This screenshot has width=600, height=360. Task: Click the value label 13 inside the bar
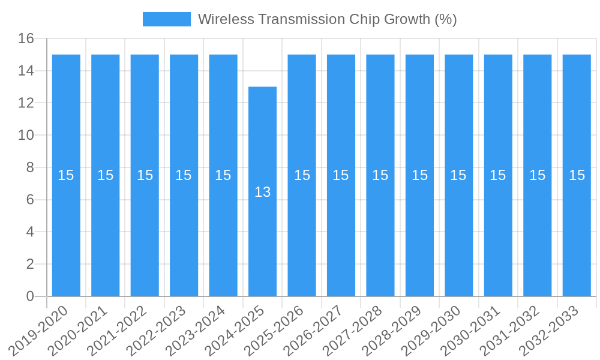click(x=262, y=192)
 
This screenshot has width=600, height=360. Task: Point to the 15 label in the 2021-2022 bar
click(x=145, y=175)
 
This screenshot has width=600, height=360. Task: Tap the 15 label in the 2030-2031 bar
click(x=498, y=175)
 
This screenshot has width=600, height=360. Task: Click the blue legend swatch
click(x=166, y=19)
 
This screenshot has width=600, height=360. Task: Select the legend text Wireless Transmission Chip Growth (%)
click(x=327, y=19)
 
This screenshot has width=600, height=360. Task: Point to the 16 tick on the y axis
click(x=26, y=39)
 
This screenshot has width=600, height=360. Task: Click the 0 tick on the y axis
click(x=30, y=296)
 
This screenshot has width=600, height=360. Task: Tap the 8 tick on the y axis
click(x=30, y=167)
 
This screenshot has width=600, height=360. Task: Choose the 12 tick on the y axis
click(x=26, y=103)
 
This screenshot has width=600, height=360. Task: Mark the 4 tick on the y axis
click(x=30, y=232)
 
